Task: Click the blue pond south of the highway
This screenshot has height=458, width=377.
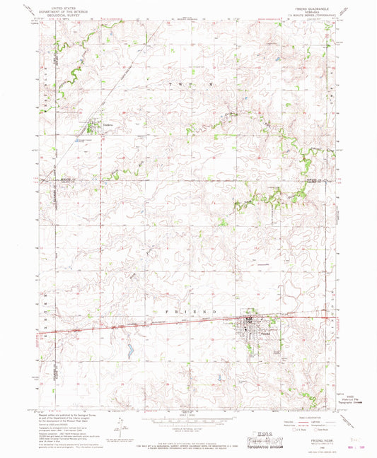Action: [132, 350]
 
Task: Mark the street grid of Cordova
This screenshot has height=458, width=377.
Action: [94, 128]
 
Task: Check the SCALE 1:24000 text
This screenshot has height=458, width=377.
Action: [185, 413]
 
